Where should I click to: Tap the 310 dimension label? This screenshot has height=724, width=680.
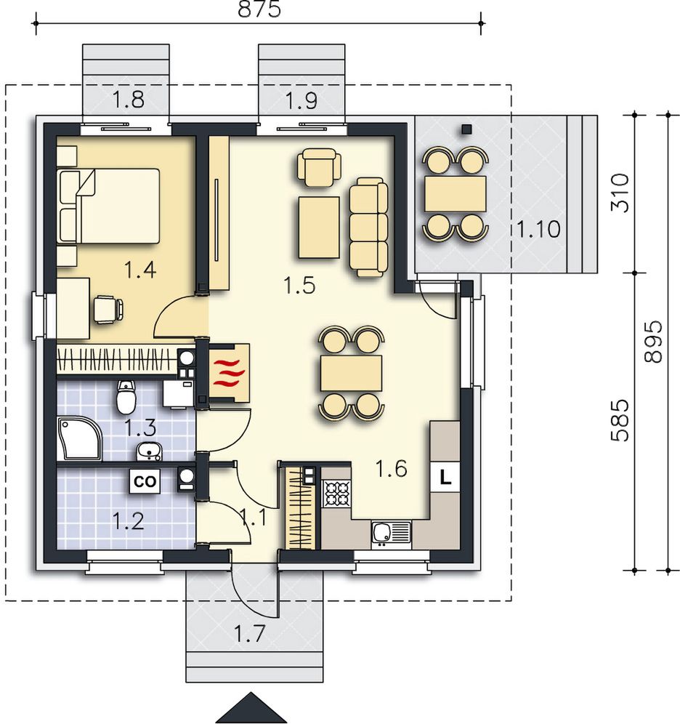pos(620,193)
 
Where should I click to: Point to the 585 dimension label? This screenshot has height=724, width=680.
pos(620,420)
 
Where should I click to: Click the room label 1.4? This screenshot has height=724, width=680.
pos(140,270)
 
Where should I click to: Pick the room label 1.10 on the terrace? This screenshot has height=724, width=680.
pos(538,229)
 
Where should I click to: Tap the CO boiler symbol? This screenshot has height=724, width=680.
pos(145,481)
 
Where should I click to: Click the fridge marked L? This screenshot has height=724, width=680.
pos(445,478)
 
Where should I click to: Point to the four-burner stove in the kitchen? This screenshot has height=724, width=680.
pos(337,493)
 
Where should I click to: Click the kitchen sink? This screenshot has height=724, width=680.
pos(390,534)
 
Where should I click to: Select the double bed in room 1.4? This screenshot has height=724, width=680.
pos(108,206)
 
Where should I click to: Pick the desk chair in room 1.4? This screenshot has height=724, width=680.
pos(109,309)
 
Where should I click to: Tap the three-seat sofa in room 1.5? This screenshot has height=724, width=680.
pos(368,228)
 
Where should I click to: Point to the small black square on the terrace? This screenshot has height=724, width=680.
pos(467,129)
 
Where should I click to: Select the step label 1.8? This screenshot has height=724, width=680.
pos(129,100)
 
